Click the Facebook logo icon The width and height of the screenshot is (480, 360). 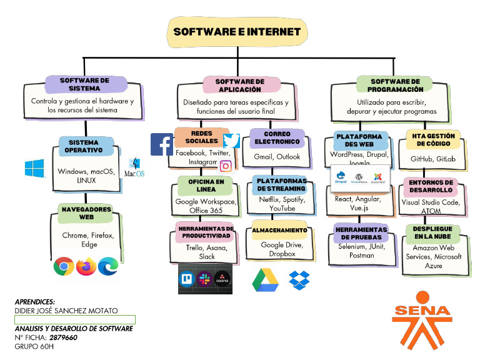[162, 144]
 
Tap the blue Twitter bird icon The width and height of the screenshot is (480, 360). [232, 141]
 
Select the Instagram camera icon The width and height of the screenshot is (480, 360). [226, 166]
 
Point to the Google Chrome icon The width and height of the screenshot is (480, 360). [63, 266]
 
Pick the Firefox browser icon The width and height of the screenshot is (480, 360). [86, 266]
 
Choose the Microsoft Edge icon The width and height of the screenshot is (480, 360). [109, 266]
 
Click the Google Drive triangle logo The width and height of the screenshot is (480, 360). [264, 279]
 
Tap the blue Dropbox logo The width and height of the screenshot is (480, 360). [300, 279]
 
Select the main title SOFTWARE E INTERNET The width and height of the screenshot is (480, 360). [237, 32]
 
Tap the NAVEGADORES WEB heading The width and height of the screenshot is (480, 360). [86, 213]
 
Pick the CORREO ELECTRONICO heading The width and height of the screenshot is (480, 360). [277, 138]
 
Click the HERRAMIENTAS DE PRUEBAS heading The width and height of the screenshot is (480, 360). [361, 233]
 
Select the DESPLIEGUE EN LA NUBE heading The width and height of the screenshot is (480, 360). [432, 233]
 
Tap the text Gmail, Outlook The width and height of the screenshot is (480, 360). [277, 157]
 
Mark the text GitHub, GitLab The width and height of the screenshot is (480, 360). [433, 159]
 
